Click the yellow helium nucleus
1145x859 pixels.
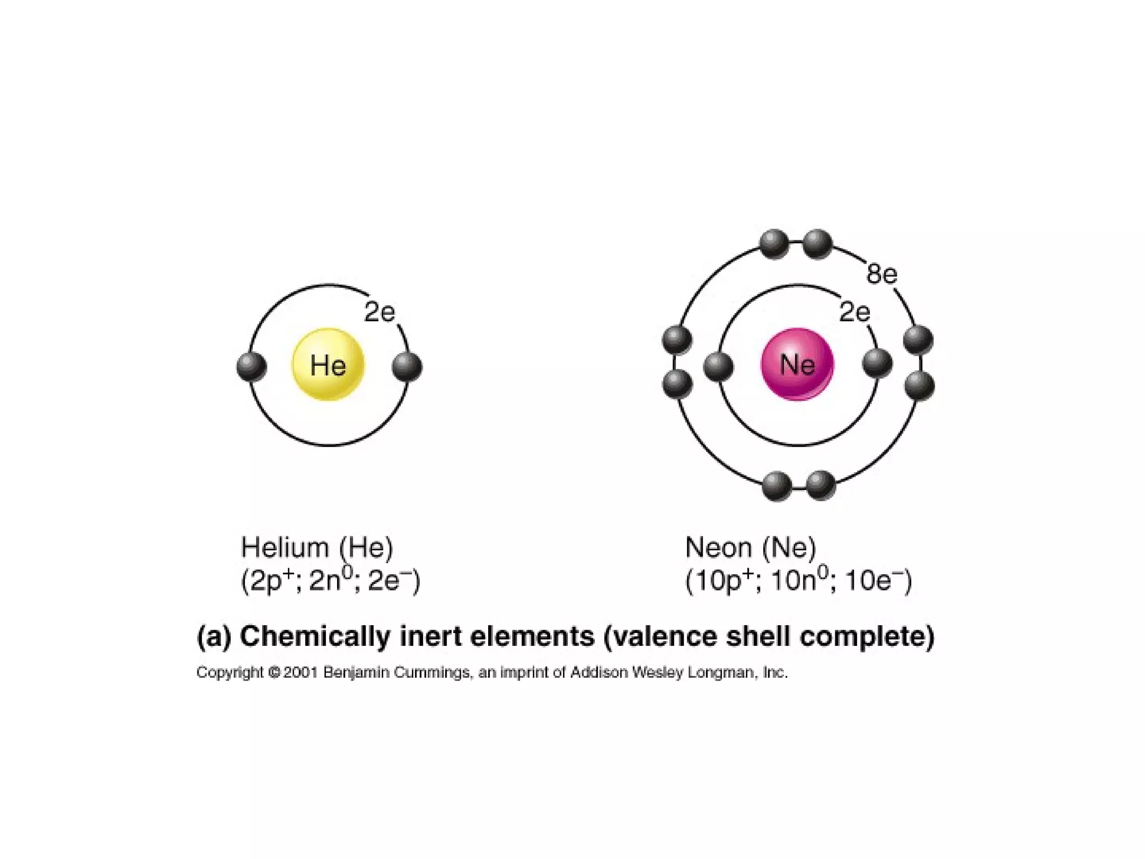click(328, 365)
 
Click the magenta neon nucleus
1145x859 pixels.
click(797, 365)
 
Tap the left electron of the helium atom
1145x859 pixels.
click(252, 367)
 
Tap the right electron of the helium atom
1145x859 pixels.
click(407, 367)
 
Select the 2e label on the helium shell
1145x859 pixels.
click(380, 312)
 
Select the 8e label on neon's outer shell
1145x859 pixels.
click(882, 274)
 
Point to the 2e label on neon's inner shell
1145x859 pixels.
click(854, 312)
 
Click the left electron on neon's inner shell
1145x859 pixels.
click(718, 367)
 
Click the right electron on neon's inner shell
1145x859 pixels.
click(877, 364)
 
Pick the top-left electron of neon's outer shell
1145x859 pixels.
click(775, 244)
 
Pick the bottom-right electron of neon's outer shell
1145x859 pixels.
click(821, 485)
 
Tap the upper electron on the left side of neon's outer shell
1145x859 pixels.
click(677, 339)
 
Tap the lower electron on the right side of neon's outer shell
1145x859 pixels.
click(919, 385)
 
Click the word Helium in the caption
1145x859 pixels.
click(285, 547)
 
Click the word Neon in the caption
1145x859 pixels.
click(718, 547)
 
